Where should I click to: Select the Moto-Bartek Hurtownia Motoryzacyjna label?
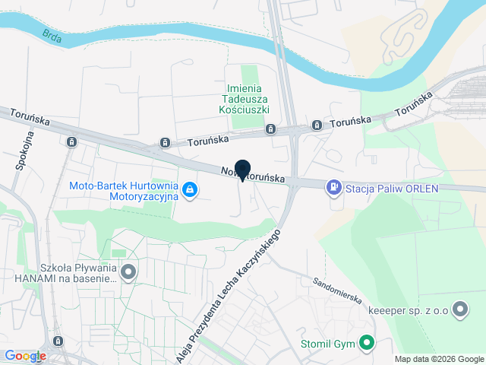click(123, 190)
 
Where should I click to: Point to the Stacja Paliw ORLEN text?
click(393, 189)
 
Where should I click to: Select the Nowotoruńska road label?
click(254, 174)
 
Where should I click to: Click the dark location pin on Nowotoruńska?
click(243, 170)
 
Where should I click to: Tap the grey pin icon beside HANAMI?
click(129, 271)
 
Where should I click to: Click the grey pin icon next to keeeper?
click(459, 309)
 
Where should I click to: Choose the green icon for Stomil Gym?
click(367, 344)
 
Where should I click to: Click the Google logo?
click(24, 356)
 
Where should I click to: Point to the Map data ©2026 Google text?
click(439, 359)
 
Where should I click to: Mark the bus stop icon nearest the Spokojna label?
click(71, 141)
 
